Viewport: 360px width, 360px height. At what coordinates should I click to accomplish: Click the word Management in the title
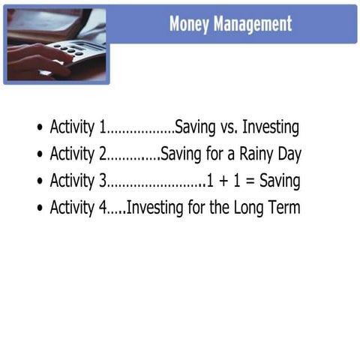click(x=251, y=24)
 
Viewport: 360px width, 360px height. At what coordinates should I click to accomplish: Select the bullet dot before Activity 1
click(x=40, y=128)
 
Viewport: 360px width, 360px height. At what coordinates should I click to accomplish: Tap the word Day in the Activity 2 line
click(x=287, y=155)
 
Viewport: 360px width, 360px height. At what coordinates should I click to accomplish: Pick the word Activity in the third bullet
click(x=73, y=181)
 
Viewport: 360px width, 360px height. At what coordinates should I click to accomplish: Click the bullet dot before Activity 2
click(x=40, y=155)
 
